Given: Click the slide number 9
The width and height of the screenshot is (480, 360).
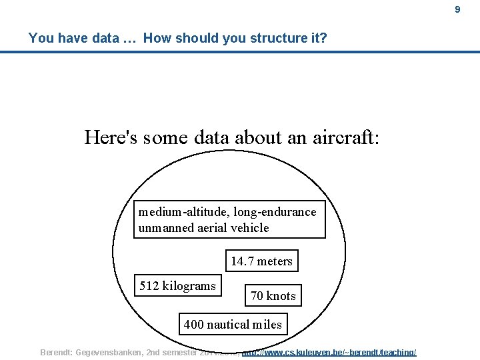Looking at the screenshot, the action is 457,9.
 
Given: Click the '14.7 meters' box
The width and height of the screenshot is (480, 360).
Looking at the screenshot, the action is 261,261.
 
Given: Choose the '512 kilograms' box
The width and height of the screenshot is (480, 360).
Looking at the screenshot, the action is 177,286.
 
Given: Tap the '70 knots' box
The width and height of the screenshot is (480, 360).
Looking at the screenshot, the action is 273,295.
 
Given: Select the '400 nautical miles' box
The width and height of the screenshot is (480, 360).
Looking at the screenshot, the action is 233,325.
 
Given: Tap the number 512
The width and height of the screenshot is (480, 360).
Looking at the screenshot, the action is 149,286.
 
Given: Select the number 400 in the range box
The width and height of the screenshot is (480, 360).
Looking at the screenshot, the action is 194,325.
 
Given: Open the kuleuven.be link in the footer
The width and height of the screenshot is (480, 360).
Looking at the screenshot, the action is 329,352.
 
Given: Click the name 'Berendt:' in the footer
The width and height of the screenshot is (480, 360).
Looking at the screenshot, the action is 57,352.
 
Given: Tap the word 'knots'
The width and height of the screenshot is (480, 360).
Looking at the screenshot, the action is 281,295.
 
